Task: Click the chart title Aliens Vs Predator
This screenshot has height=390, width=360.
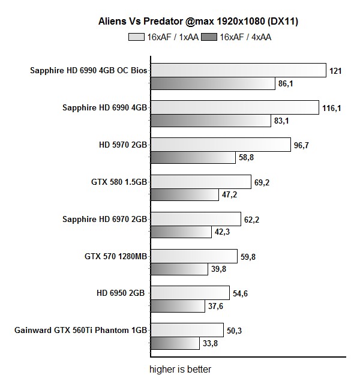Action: pos(198,22)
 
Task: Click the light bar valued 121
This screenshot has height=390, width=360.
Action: pos(237,70)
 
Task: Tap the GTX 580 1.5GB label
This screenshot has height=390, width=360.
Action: pos(118,182)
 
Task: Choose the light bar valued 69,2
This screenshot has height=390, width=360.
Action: pos(200,182)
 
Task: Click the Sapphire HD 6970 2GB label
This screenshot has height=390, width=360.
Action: pos(104,219)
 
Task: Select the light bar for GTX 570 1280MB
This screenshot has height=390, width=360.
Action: pos(193,256)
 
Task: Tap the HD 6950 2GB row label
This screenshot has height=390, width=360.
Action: pos(121,293)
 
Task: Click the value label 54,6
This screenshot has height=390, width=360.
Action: pos(242,293)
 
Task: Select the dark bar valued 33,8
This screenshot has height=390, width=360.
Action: pos(174,344)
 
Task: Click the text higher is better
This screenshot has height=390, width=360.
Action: pos(180,369)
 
